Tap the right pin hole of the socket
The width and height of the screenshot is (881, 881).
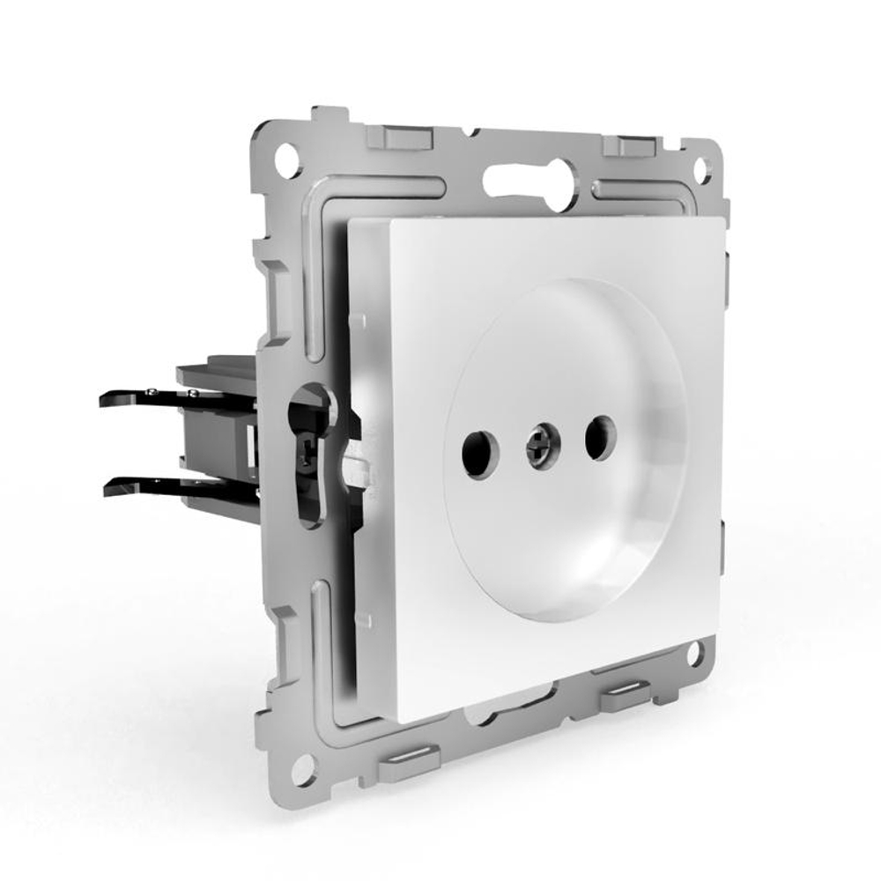click(599, 437)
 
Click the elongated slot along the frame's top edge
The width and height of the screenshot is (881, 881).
click(529, 181)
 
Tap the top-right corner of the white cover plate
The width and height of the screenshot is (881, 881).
click(721, 219)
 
